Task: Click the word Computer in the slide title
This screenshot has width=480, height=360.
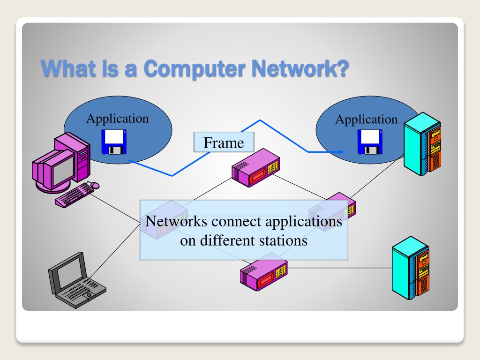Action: (194, 69)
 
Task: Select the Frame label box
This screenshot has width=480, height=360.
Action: (224, 142)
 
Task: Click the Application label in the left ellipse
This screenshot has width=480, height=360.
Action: (117, 119)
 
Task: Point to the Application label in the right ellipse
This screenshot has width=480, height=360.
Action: (366, 120)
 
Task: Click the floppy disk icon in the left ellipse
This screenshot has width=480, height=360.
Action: (114, 142)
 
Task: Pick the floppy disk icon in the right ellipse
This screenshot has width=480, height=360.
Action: (370, 142)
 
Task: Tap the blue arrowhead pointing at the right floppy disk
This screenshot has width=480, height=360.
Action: (341, 152)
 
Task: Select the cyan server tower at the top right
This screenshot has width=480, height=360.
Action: (422, 144)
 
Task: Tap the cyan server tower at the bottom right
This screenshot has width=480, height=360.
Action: (411, 267)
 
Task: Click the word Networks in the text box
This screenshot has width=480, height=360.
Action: (174, 221)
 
